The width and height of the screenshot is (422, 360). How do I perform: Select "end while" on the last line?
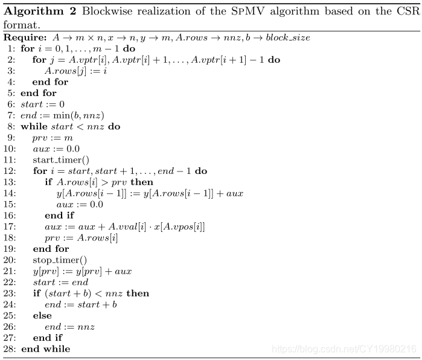[45, 349]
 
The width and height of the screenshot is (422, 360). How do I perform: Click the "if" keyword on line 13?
[49, 182]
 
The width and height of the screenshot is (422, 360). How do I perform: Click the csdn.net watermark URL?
[344, 349]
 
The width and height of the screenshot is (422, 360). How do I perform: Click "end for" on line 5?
[39, 94]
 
